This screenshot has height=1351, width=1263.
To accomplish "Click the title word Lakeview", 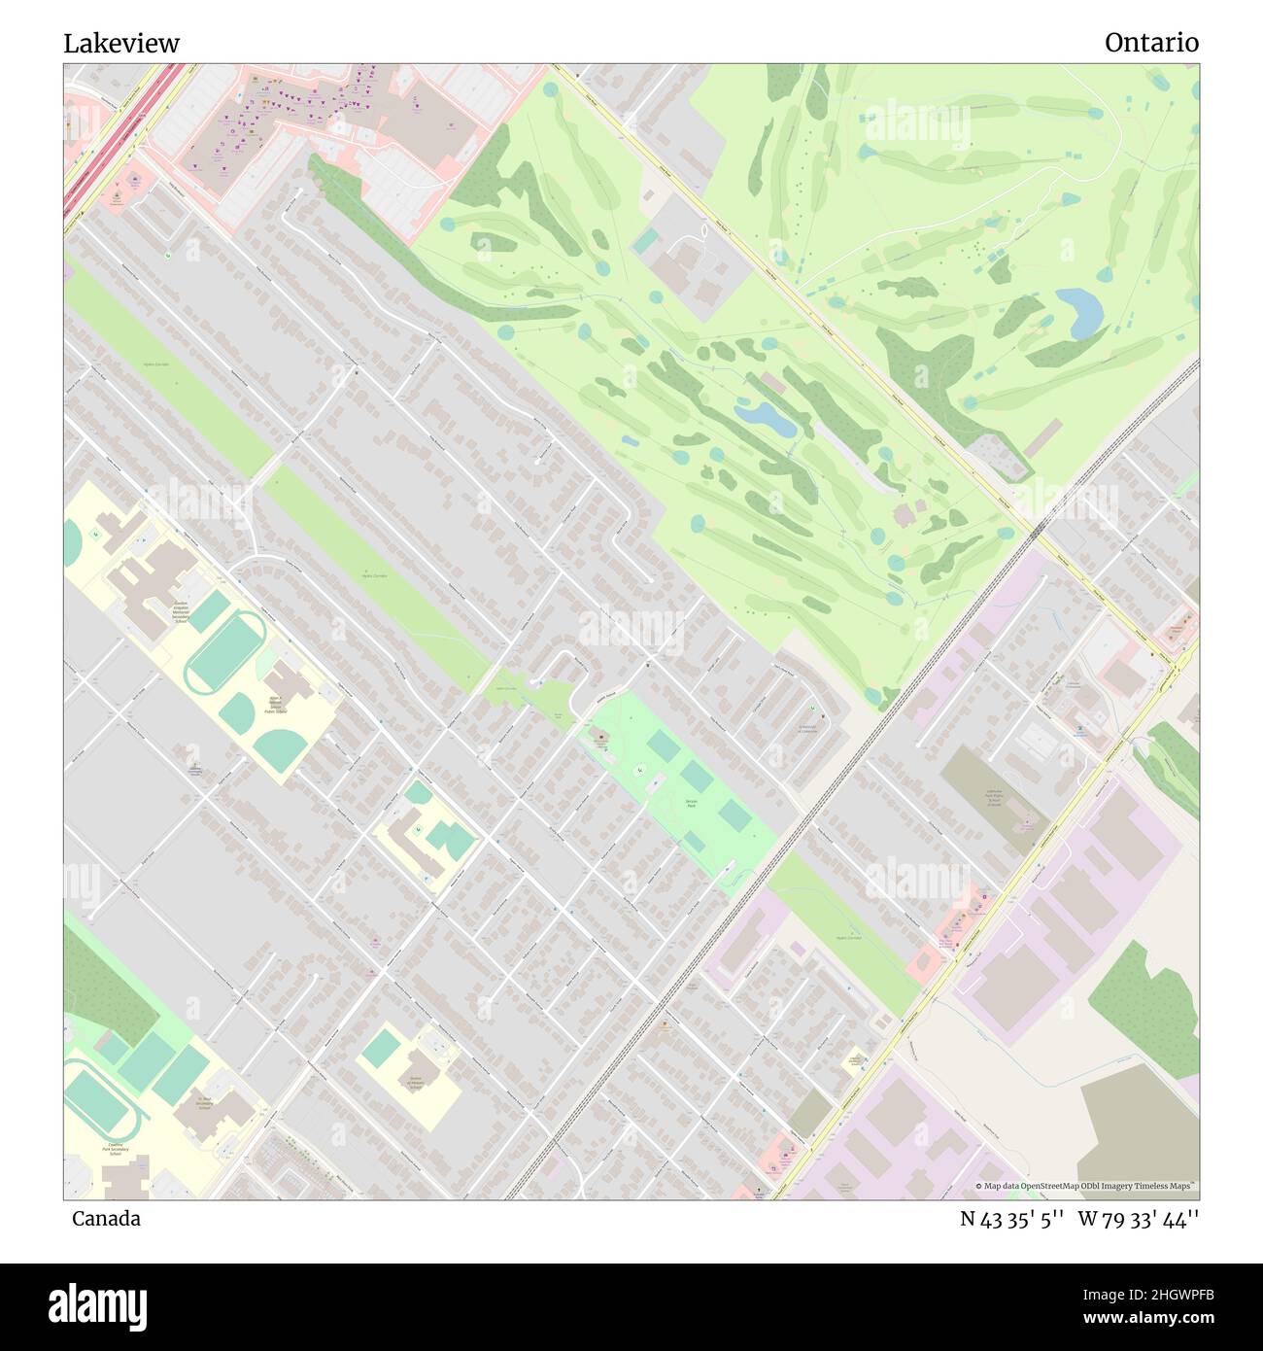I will tap(121, 44).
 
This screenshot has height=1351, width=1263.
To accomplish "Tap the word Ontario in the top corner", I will tap(1151, 43).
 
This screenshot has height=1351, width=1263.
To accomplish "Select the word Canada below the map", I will tap(106, 1219).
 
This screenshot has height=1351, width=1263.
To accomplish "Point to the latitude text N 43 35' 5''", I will tap(1013, 1219).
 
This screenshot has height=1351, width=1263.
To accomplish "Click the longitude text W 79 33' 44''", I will tap(1139, 1219).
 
